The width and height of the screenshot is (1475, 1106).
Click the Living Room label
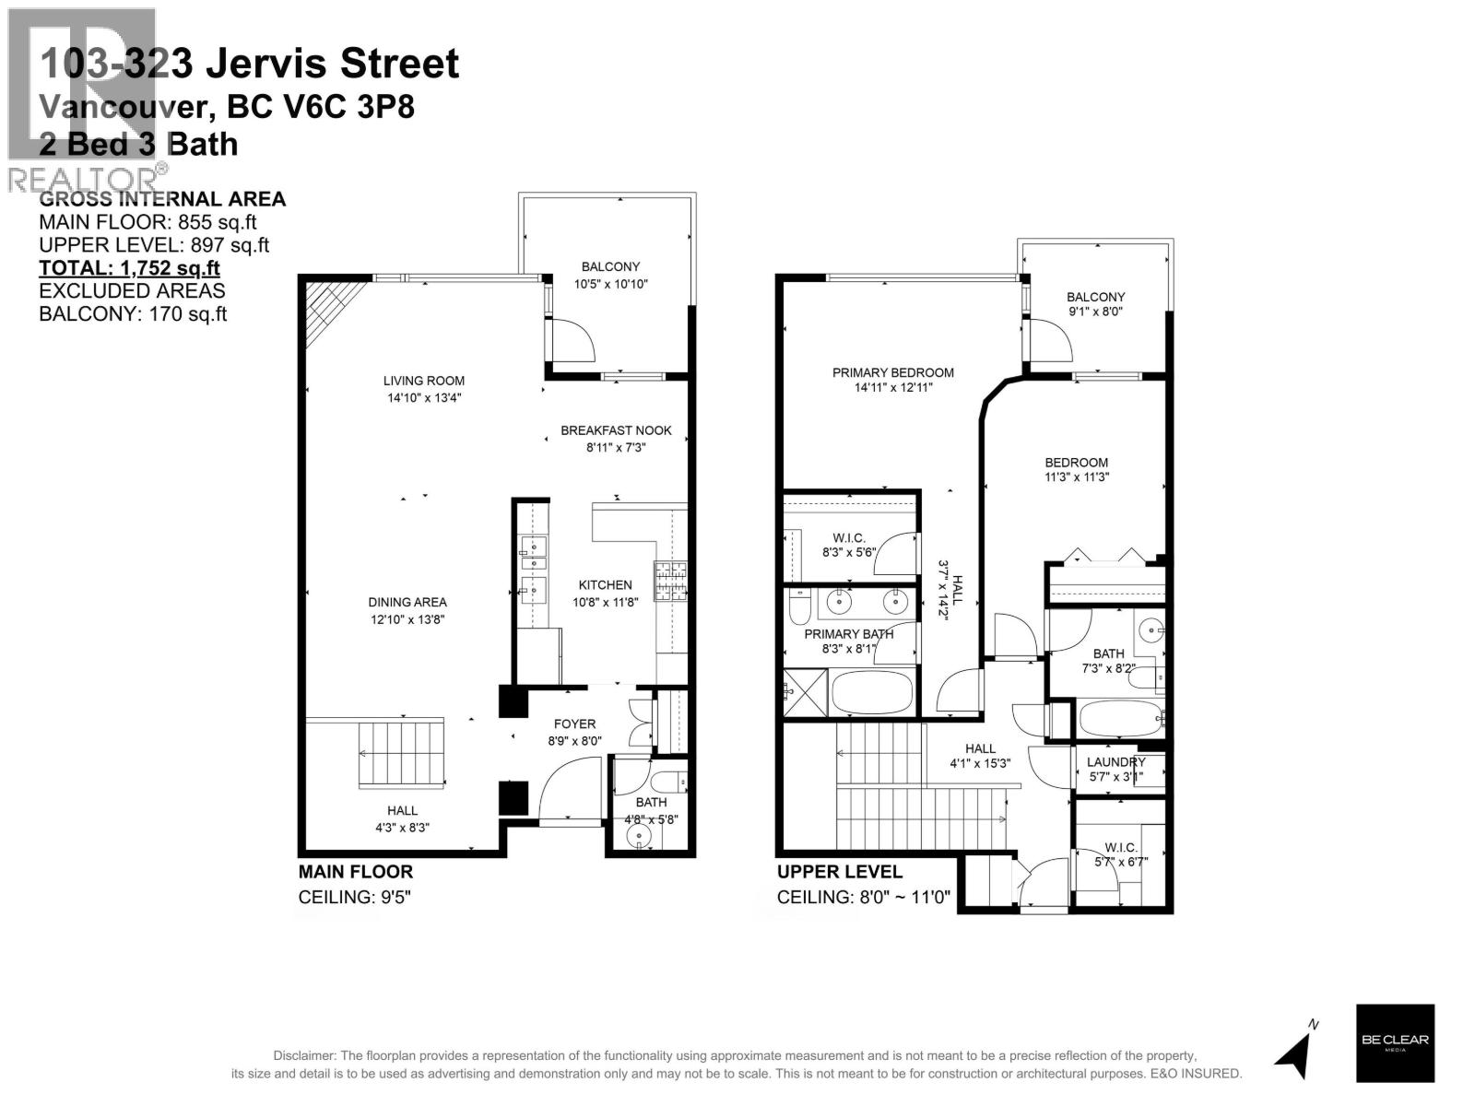click(424, 381)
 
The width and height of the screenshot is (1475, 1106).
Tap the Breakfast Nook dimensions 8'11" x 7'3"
click(616, 448)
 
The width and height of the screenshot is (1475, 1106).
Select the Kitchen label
click(605, 585)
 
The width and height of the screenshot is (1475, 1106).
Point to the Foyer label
click(574, 724)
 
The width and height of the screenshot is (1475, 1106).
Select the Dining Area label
click(407, 603)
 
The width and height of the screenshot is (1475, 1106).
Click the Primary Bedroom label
click(892, 372)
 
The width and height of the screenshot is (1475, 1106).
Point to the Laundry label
click(1115, 762)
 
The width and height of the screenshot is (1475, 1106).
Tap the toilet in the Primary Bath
click(800, 608)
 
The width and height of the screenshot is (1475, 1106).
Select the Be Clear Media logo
click(1395, 1042)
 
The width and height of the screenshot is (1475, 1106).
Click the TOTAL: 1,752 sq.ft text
click(129, 268)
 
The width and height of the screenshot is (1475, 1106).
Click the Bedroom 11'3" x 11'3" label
click(1076, 469)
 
